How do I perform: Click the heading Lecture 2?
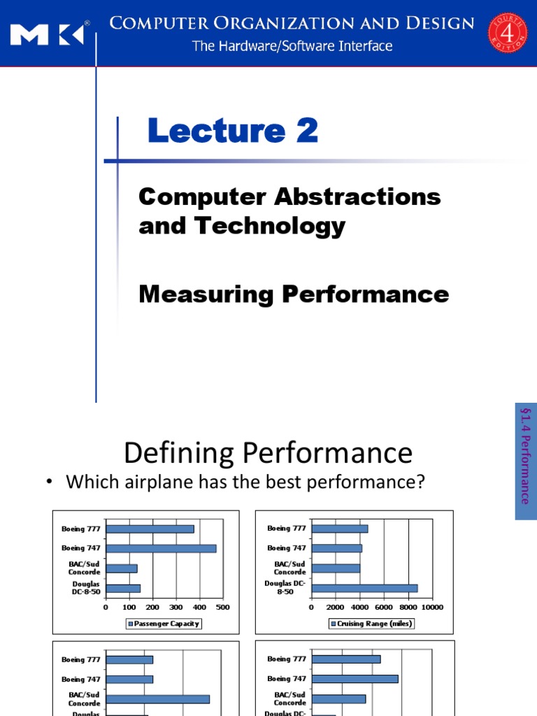click(x=233, y=131)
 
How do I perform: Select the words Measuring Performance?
click(x=294, y=294)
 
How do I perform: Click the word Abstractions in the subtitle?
click(x=361, y=196)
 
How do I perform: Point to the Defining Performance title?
click(x=268, y=453)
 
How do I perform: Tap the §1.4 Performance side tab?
click(x=525, y=461)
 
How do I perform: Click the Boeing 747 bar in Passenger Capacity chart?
click(x=161, y=548)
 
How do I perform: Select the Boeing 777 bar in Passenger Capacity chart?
click(x=150, y=529)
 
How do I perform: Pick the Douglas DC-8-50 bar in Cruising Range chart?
click(x=364, y=588)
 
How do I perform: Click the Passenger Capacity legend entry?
click(x=164, y=624)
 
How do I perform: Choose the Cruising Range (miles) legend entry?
click(x=371, y=624)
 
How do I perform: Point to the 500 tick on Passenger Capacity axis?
click(x=223, y=607)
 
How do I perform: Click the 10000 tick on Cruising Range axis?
click(x=432, y=607)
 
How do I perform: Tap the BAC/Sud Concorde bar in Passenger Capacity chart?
click(x=121, y=568)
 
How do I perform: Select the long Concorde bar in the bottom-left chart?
click(x=157, y=699)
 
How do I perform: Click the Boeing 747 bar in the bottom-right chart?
click(x=355, y=678)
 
